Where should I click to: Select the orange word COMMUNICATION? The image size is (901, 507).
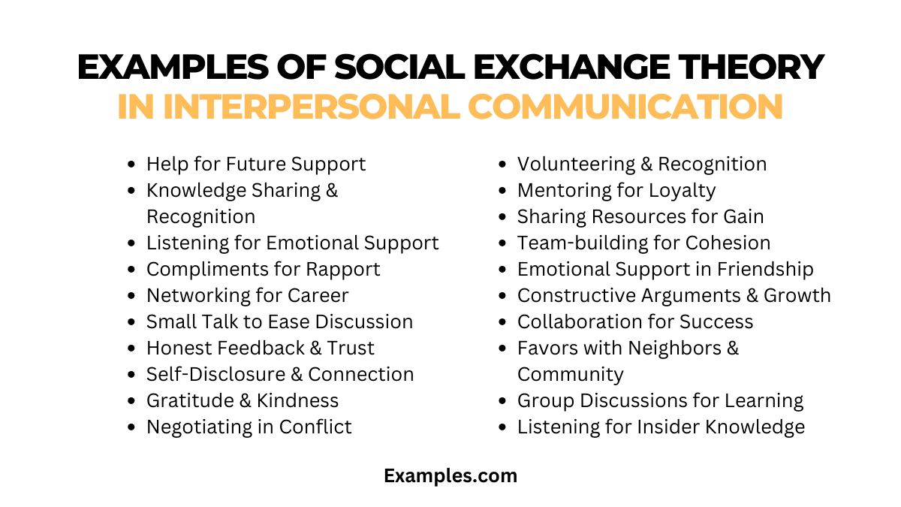coord(625,106)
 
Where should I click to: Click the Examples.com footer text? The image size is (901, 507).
coord(450,475)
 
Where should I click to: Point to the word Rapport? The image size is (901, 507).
coord(343,269)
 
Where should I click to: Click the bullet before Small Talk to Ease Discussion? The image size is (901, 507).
coord(133,322)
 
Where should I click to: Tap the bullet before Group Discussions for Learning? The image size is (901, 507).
coord(504,401)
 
